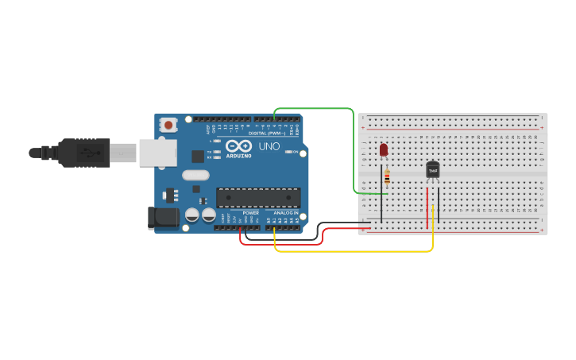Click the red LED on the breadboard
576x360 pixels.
pos(384,149)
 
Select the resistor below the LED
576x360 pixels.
pos(387,178)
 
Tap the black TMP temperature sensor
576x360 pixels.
pos(433,170)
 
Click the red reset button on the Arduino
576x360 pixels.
pos(168,125)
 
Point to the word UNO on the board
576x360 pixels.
pos(269,147)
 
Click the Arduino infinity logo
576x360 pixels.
pos(238,146)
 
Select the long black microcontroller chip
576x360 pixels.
pos(258,197)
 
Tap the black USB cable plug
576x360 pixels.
pos(83,153)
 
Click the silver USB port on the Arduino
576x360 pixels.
pos(157,153)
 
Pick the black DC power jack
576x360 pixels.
pos(164,217)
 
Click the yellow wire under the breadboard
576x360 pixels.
pos(358,251)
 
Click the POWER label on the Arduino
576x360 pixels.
pos(251,213)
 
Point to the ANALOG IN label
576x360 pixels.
pos(286,213)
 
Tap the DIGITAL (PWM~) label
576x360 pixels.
pos(269,133)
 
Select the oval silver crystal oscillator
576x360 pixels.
pos(195,175)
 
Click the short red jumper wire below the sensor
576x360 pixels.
pos(427,203)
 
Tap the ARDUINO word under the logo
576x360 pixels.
pos(239,156)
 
